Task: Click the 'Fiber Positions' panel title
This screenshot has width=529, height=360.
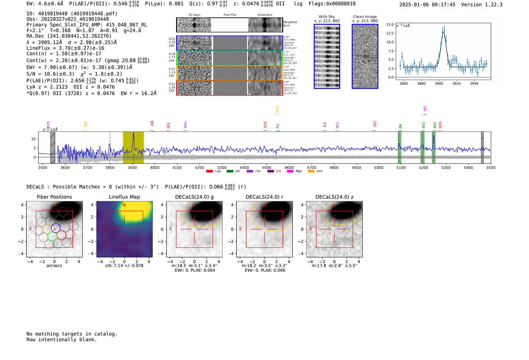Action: click(x=54, y=197)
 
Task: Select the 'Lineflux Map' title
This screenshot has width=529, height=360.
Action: click(x=124, y=197)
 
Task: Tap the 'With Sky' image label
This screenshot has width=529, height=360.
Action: click(x=326, y=17)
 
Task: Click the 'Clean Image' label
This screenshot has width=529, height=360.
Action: click(x=365, y=17)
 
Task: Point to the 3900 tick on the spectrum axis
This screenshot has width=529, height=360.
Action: click(x=132, y=167)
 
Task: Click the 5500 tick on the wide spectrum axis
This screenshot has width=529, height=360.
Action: click(x=490, y=167)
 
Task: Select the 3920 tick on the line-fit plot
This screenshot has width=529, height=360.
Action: click(x=456, y=83)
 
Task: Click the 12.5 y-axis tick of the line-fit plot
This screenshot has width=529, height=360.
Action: click(x=389, y=33)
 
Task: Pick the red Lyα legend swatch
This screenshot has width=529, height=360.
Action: click(x=209, y=172)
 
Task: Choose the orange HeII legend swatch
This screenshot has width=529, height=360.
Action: click(x=311, y=172)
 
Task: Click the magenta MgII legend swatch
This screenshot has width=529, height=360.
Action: click(x=290, y=172)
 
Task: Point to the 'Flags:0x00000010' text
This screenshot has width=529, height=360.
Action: click(x=332, y=4)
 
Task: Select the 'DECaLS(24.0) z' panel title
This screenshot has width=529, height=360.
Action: click(x=334, y=197)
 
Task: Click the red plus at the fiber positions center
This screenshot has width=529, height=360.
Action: click(x=54, y=229)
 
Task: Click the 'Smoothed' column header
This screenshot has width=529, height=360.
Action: click(x=264, y=15)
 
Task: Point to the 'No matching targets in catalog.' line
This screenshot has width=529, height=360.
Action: click(x=72, y=334)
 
